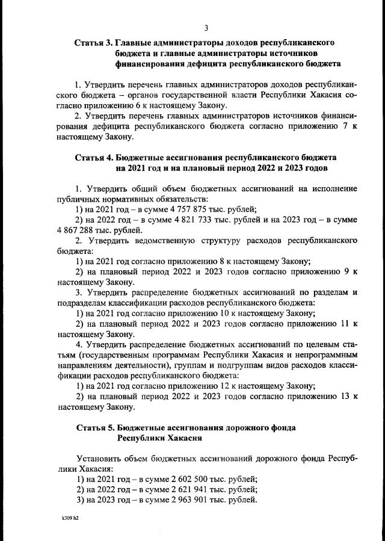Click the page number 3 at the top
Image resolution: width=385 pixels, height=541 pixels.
coord(206,28)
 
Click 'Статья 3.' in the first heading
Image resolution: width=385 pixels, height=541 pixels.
coord(93,44)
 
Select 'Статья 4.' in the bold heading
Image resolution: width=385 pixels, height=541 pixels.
coord(93,158)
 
